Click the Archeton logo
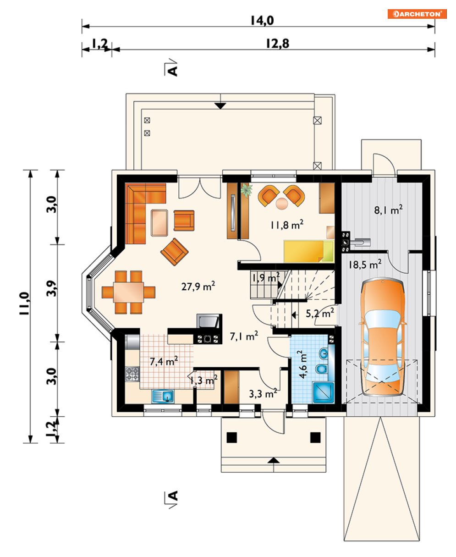coord(417,14)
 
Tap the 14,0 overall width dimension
coord(262,20)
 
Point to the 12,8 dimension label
coord(278,44)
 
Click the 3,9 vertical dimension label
coord(51,288)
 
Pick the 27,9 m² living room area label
coord(198,286)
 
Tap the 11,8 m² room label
coord(287,225)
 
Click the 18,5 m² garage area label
coord(365,265)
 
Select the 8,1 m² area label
coord(388,210)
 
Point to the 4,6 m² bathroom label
coord(302,364)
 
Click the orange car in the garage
coord(382,336)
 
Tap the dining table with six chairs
coord(129,292)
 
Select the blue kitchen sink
coord(163,396)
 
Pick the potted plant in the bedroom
coord(247,190)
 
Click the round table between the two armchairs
coord(282,204)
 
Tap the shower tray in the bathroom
coord(324,392)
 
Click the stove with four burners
coord(132,374)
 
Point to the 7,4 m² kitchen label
coord(164,361)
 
